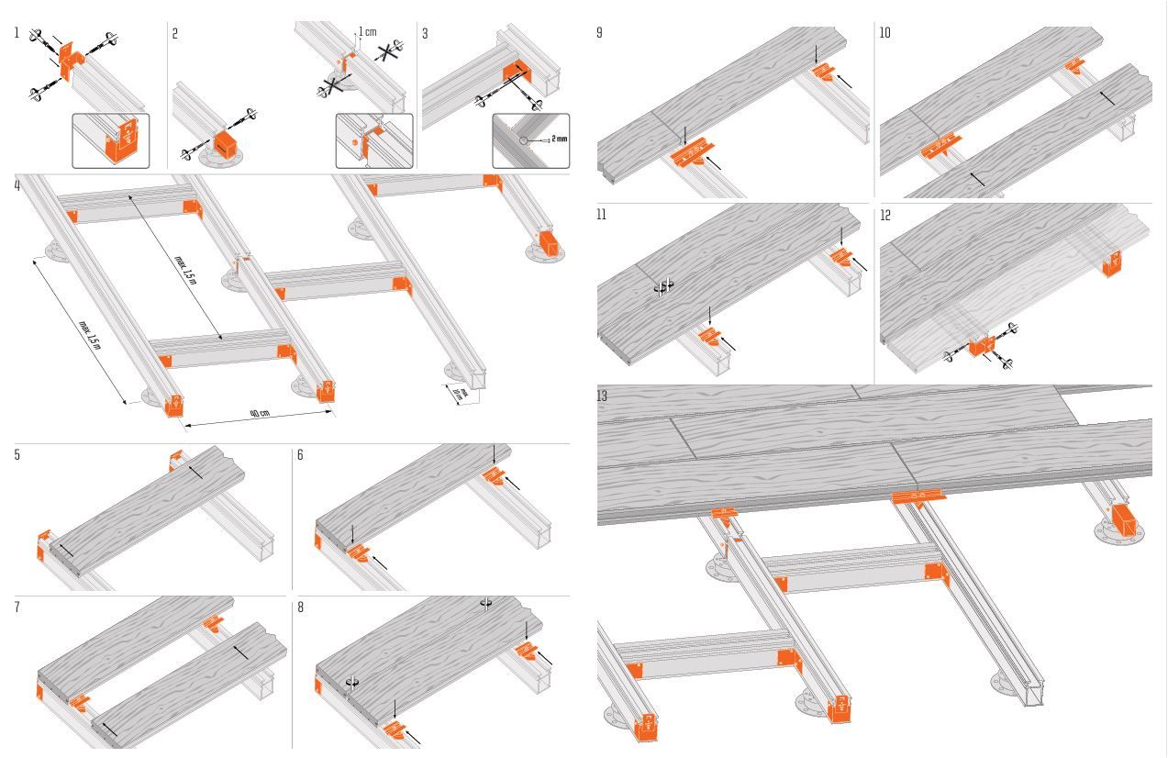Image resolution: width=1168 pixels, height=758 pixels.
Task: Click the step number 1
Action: tap(17, 33)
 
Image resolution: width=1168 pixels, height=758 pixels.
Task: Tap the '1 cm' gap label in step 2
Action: tap(367, 32)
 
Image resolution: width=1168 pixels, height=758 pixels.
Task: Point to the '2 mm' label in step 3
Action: tap(559, 139)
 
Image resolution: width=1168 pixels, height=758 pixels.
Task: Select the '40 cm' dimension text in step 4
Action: tap(260, 413)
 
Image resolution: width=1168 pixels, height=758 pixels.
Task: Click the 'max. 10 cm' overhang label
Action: tap(461, 395)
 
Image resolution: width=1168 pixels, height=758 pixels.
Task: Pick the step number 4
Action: tap(17, 185)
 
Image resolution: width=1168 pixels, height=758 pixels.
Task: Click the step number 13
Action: tap(602, 396)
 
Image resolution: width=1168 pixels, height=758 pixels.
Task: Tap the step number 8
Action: tap(300, 608)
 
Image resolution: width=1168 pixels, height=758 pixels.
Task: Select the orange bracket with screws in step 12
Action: tap(982, 346)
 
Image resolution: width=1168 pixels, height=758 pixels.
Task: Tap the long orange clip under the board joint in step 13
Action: tap(918, 497)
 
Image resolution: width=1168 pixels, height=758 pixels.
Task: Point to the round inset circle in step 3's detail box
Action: tap(524, 140)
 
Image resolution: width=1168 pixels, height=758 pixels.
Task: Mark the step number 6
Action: tap(300, 455)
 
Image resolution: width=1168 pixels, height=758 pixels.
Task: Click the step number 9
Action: tap(599, 33)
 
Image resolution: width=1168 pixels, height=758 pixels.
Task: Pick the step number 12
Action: tap(884, 216)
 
